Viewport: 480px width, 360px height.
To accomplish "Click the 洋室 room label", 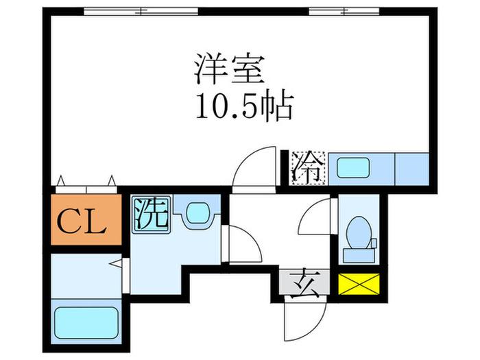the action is (229, 69).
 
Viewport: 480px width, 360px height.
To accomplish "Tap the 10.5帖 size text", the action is (244, 105).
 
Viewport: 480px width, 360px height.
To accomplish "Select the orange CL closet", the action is (86, 219).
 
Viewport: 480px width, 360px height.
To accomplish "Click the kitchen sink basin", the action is (352, 168).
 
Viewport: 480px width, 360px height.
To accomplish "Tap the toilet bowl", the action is (358, 232).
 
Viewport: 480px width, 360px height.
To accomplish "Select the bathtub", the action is (86, 323).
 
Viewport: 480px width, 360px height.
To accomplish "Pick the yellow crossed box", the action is (359, 284).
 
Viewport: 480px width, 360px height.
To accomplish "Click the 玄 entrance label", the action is (304, 283).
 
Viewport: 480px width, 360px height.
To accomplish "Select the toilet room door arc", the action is (309, 211).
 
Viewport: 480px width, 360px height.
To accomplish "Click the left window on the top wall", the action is (141, 12).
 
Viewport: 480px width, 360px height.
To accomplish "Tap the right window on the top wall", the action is (344, 12).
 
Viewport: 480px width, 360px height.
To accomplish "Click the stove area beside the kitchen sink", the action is (412, 169).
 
